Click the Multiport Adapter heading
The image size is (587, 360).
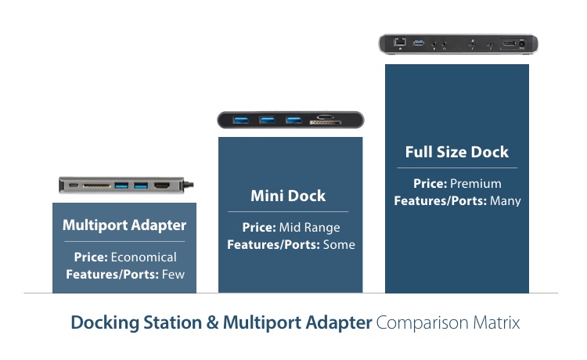[x=124, y=225]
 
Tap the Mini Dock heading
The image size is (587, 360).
[x=288, y=196]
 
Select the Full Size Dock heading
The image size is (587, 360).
[x=457, y=152]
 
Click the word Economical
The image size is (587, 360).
[x=143, y=257]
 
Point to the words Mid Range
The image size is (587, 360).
[x=310, y=228]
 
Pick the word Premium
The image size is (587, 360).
[x=475, y=184]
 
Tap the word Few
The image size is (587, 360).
[x=173, y=274]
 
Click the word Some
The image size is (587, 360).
[x=339, y=245]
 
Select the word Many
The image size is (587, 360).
[x=506, y=201]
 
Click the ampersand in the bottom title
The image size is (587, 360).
[x=212, y=322]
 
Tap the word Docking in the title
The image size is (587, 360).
[x=105, y=323]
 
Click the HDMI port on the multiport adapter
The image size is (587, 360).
[x=162, y=185]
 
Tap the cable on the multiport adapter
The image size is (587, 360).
[x=189, y=185]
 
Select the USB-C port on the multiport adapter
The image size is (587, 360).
[x=74, y=185]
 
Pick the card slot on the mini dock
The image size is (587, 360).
[x=325, y=122]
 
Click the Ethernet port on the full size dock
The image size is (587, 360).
[x=400, y=41]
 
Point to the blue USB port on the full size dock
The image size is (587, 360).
[x=419, y=43]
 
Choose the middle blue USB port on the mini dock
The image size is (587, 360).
[x=268, y=120]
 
